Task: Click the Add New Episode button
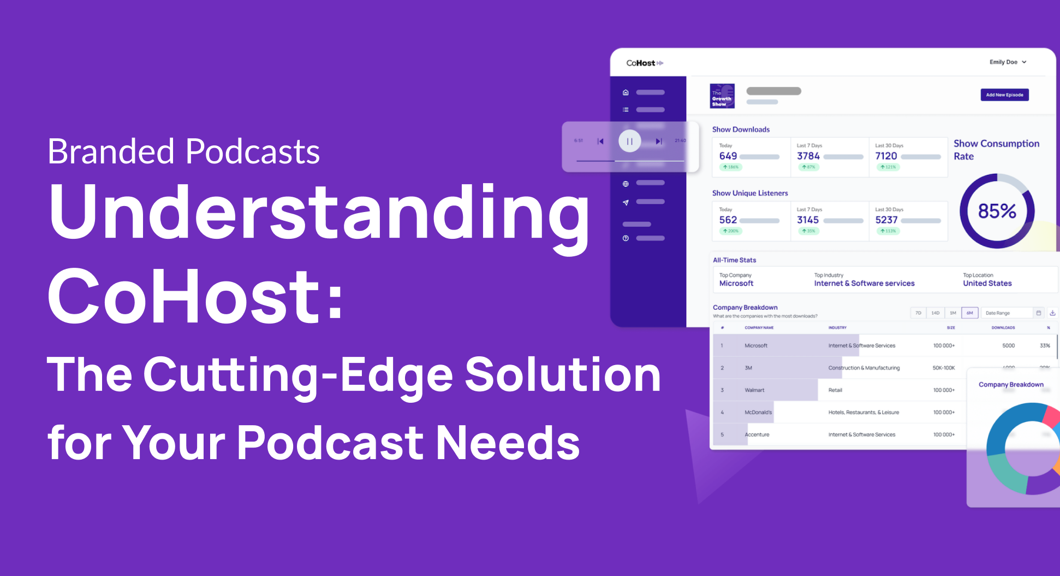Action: coord(1004,95)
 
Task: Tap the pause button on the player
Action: coord(629,142)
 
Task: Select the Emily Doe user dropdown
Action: coord(1008,62)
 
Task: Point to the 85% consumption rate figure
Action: coord(997,211)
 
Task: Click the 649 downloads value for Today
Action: coord(728,156)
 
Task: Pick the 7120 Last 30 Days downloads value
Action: coord(886,156)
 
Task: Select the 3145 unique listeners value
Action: coord(808,220)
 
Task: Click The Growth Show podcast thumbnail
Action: coord(722,97)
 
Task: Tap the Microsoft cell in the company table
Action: coord(756,346)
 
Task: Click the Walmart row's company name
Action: coord(754,390)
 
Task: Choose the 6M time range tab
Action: coord(969,313)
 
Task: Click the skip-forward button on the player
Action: coord(659,142)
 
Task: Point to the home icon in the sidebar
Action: coord(626,92)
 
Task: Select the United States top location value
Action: coord(987,284)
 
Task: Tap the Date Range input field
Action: coord(1007,313)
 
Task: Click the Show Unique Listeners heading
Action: coord(750,193)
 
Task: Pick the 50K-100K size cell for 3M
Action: coord(943,368)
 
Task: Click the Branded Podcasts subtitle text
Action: coord(183,151)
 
